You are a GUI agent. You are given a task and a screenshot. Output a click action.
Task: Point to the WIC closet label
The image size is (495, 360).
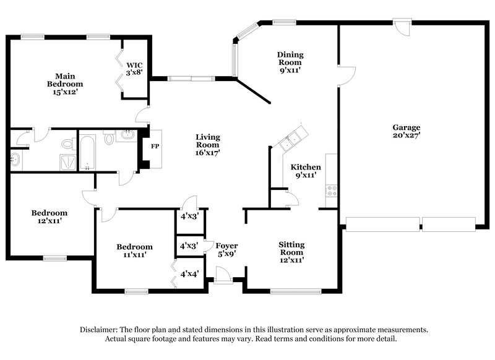(135, 65)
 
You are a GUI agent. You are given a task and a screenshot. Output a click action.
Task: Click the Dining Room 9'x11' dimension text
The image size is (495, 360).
(290, 71)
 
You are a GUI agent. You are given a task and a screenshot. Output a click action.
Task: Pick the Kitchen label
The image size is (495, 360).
(306, 167)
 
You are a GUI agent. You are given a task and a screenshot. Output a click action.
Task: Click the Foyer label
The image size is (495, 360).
(222, 246)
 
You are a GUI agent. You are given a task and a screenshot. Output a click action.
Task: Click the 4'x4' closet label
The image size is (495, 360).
(189, 273)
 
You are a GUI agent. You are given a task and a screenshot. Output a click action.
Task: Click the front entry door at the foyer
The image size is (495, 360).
(222, 276)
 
